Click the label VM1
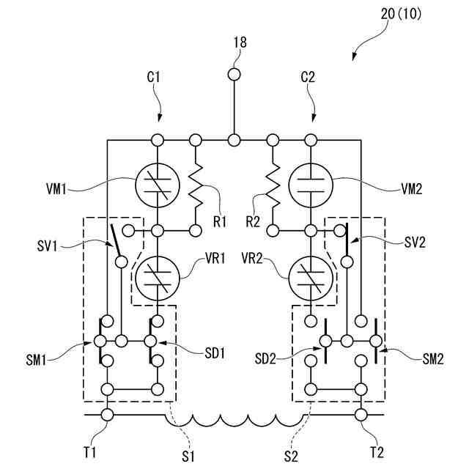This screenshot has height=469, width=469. [55, 188]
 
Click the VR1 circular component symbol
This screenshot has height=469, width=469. [157, 277]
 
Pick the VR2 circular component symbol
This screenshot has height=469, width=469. [311, 277]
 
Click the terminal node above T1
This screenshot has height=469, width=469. [107, 416]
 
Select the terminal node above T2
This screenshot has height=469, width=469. [361, 416]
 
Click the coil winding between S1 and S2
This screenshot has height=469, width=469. [234, 419]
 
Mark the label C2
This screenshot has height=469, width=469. [310, 76]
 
